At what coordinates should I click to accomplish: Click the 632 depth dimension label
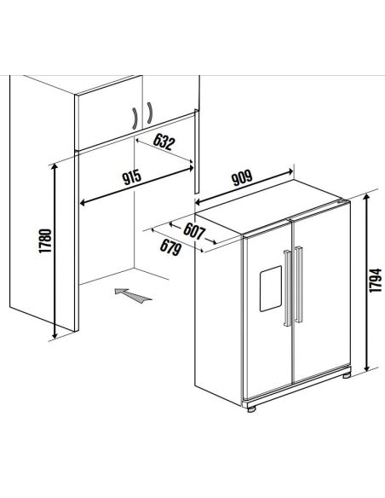164,142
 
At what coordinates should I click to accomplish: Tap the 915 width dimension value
132,177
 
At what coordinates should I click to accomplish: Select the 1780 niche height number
45,240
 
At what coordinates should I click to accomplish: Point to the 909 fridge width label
242,178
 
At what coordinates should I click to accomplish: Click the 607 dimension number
194,231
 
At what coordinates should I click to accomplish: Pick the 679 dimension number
170,247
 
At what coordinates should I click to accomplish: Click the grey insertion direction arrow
133,295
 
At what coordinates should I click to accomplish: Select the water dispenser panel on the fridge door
271,288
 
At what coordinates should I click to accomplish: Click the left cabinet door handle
135,119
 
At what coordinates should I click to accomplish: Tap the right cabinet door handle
149,113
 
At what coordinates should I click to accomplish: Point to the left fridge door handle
287,288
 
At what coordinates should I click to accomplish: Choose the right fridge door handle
298,285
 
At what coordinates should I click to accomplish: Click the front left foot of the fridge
251,409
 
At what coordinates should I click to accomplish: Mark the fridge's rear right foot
346,375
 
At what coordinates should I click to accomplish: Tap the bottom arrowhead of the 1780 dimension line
55,335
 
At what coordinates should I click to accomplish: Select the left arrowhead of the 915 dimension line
82,202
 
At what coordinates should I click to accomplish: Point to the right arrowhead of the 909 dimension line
290,171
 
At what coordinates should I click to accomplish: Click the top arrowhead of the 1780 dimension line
55,167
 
